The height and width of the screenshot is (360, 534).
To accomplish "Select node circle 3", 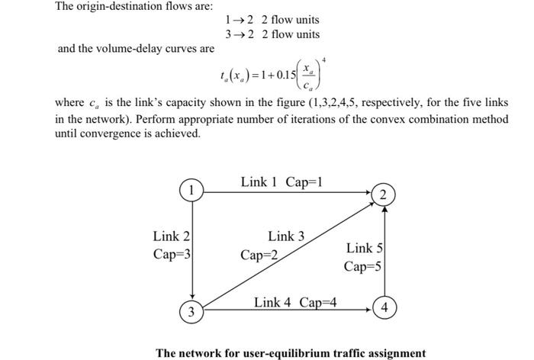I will (x=191, y=311).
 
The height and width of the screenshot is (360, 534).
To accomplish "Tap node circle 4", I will (x=386, y=308).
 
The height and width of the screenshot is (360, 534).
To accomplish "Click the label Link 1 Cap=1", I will (x=281, y=182).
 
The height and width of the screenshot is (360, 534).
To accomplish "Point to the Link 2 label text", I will (x=172, y=237).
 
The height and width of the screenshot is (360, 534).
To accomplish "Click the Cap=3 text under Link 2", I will (x=172, y=254).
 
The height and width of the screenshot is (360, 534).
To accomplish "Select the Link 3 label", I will (x=286, y=236).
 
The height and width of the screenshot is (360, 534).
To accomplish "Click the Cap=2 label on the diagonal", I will (x=259, y=255).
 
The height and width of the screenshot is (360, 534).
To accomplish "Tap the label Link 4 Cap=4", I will (x=295, y=302).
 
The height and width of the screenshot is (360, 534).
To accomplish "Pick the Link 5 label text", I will (x=365, y=248).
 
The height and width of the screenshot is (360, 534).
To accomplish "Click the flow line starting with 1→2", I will (x=272, y=20).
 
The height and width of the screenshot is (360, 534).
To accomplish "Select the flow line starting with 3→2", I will (x=272, y=34).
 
